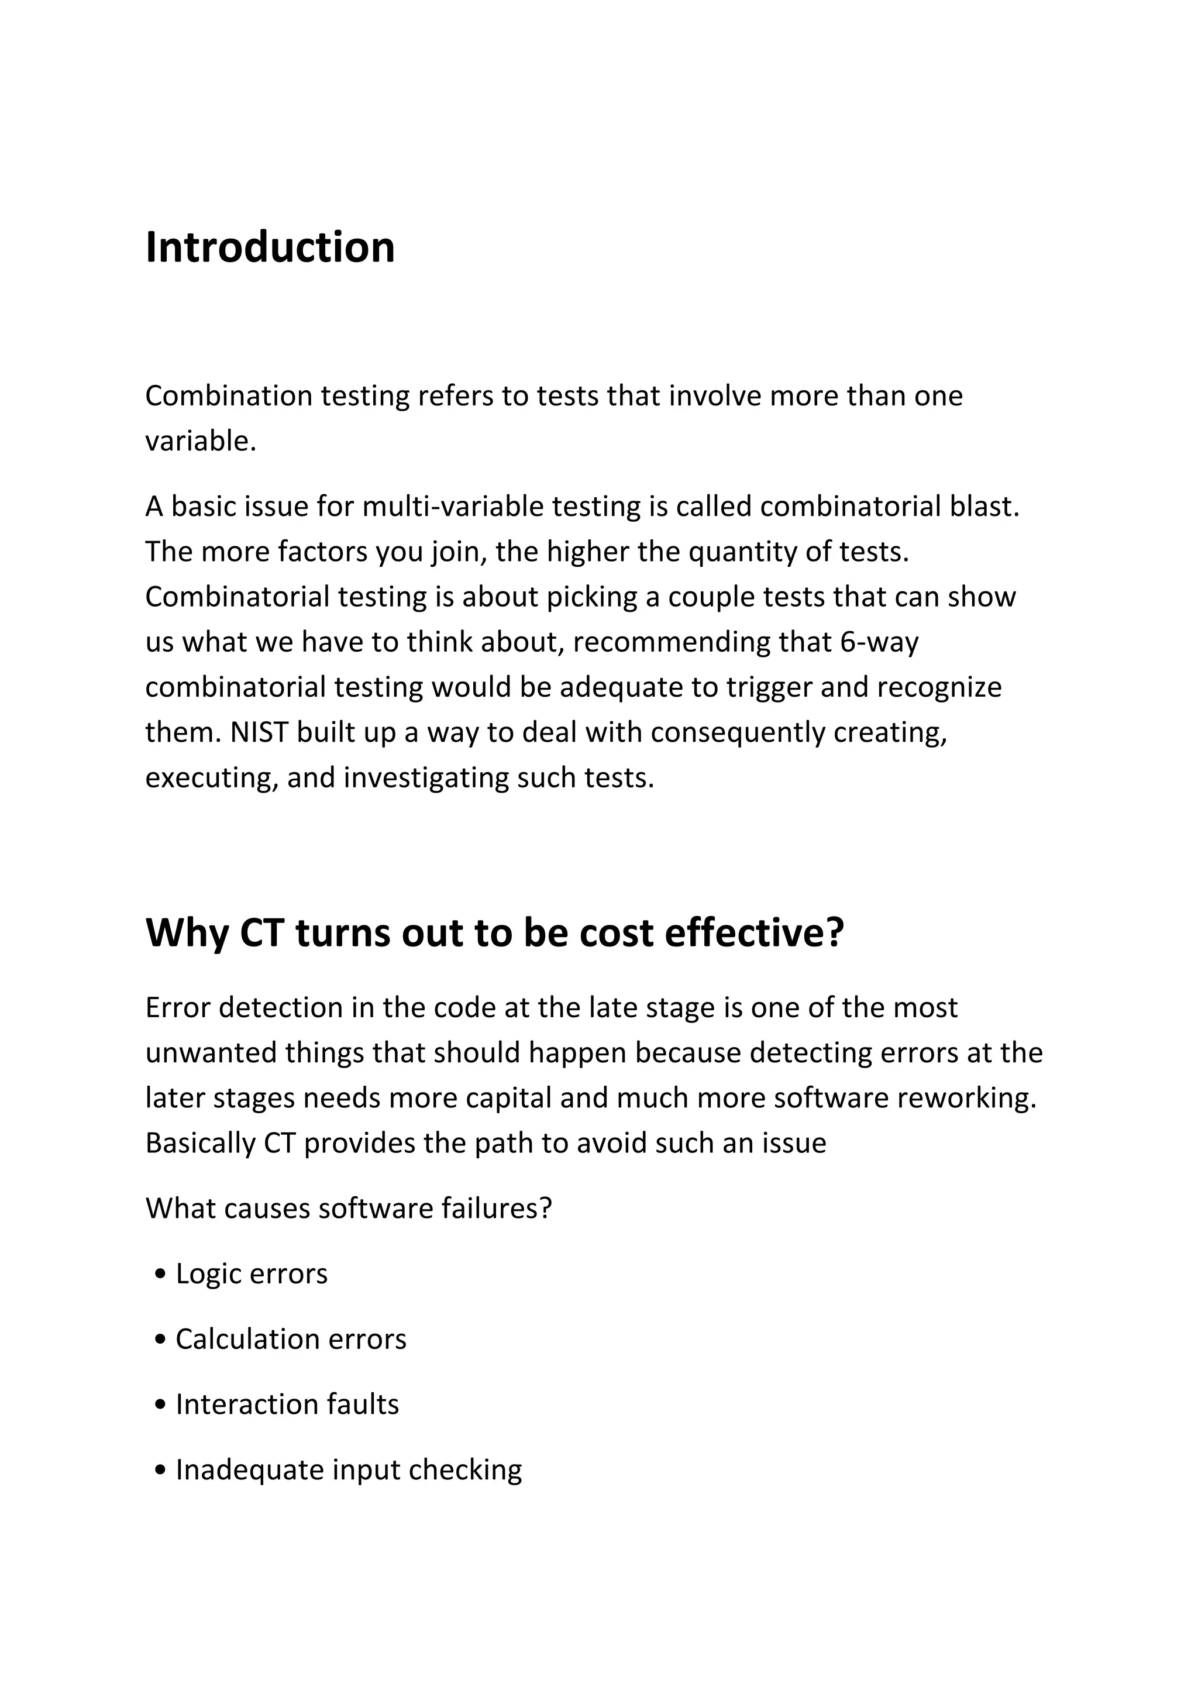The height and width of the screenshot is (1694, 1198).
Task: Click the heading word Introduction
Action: coord(270,247)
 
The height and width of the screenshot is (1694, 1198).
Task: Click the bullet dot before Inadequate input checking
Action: coord(161,1471)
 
